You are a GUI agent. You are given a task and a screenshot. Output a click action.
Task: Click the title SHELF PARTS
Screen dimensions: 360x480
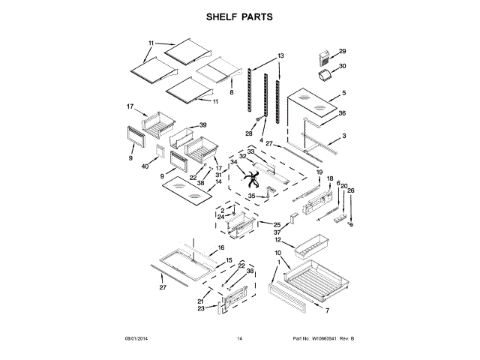click(x=240, y=16)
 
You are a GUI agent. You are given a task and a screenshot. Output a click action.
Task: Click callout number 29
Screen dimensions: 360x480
click(x=343, y=52)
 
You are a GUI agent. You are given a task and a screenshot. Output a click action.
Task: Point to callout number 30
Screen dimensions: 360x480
click(x=343, y=66)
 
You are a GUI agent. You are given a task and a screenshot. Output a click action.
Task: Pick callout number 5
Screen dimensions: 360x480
click(x=343, y=93)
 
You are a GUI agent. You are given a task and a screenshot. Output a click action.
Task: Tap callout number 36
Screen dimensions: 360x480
click(x=342, y=113)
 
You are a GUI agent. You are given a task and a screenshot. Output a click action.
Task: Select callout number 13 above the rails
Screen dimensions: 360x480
click(x=280, y=56)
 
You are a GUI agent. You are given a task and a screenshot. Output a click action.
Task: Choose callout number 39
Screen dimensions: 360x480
click(x=202, y=125)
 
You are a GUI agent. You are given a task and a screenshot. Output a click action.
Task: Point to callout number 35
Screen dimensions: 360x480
click(x=252, y=196)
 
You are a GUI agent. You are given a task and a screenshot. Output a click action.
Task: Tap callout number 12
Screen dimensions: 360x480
click(x=277, y=241)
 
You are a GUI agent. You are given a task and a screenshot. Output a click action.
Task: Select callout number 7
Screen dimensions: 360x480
click(x=327, y=309)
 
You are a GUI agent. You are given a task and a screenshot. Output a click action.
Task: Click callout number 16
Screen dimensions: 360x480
click(x=221, y=247)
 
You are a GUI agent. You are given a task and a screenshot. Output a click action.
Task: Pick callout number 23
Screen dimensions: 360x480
click(x=201, y=308)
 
